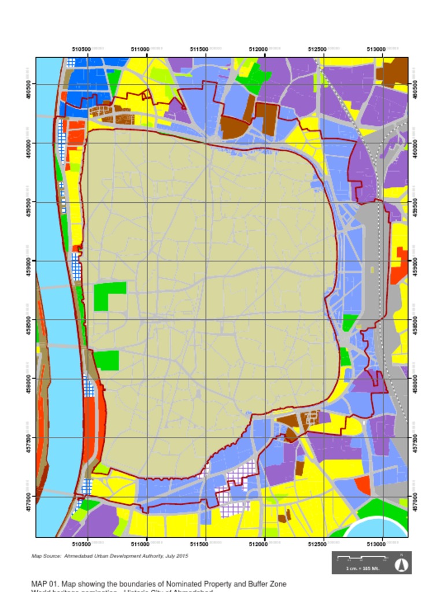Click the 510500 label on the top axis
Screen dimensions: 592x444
[x=81, y=50]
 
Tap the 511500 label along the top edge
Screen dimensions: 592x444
[x=199, y=50]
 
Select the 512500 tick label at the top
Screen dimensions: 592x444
[x=317, y=50]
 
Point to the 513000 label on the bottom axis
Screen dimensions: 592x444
[x=376, y=545]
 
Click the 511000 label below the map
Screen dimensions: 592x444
[x=140, y=545]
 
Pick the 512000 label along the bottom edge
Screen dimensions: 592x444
[x=258, y=545]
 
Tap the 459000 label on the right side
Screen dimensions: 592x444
[x=415, y=261]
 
